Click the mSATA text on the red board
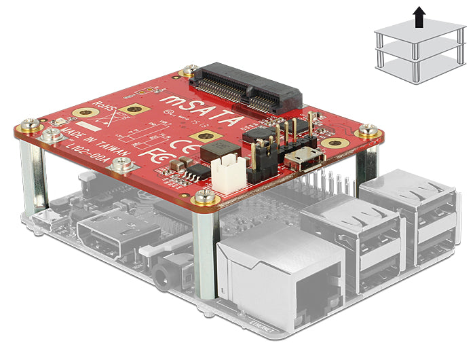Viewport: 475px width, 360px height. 201,112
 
